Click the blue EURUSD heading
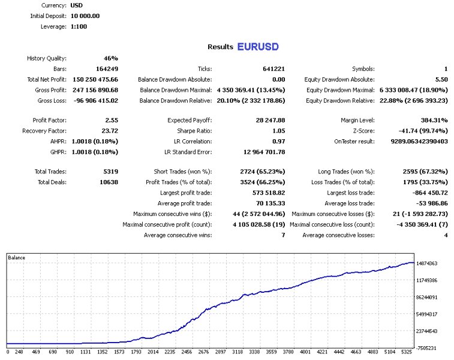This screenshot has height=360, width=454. (x=258, y=46)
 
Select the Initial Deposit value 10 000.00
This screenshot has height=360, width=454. (x=85, y=16)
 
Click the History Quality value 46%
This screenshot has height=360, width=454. (x=111, y=58)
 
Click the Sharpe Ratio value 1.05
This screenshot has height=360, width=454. (x=276, y=131)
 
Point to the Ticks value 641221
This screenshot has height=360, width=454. (x=273, y=69)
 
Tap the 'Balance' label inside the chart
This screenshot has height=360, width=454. (x=17, y=257)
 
